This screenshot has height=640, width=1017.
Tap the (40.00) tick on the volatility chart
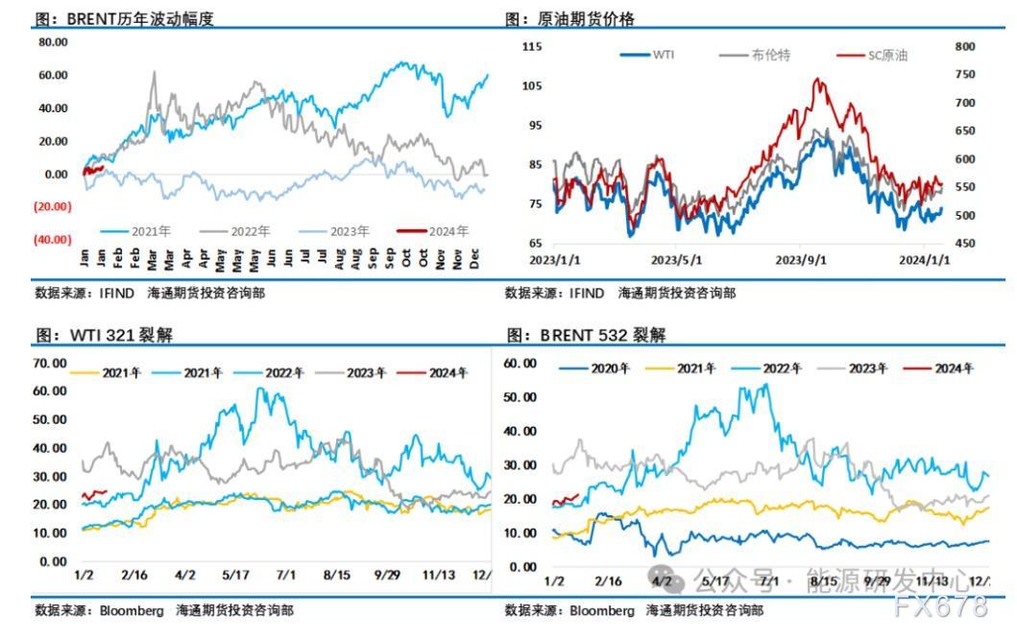(54, 240)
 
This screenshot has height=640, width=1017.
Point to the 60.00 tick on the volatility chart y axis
(54, 75)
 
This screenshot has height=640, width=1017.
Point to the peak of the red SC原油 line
(818, 80)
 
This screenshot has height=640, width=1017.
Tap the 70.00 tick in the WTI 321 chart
(49, 363)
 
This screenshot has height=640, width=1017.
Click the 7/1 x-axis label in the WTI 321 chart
(286, 576)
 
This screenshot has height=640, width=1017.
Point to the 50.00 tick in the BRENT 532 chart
(521, 396)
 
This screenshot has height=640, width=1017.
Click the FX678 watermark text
(940, 606)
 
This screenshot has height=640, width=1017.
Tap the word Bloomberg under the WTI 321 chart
(121, 610)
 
